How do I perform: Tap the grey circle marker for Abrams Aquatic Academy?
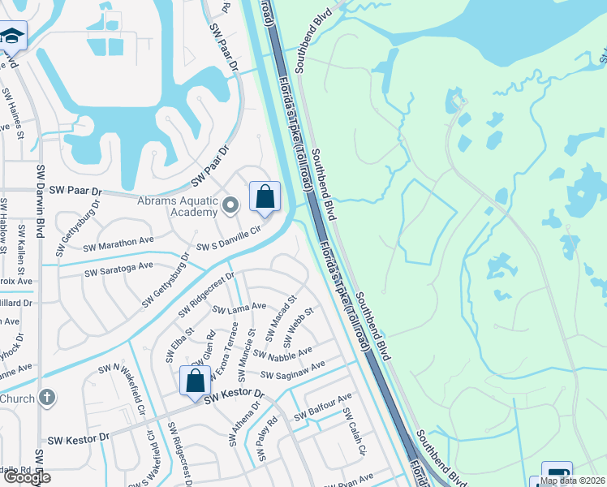(230, 205)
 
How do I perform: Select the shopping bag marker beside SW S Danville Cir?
(265, 197)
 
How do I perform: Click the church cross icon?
(48, 398)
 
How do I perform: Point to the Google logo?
(26, 477)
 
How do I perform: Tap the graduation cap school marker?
(12, 37)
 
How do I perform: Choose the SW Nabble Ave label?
(282, 354)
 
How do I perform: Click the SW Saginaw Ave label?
(292, 370)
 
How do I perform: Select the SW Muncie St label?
(246, 355)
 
